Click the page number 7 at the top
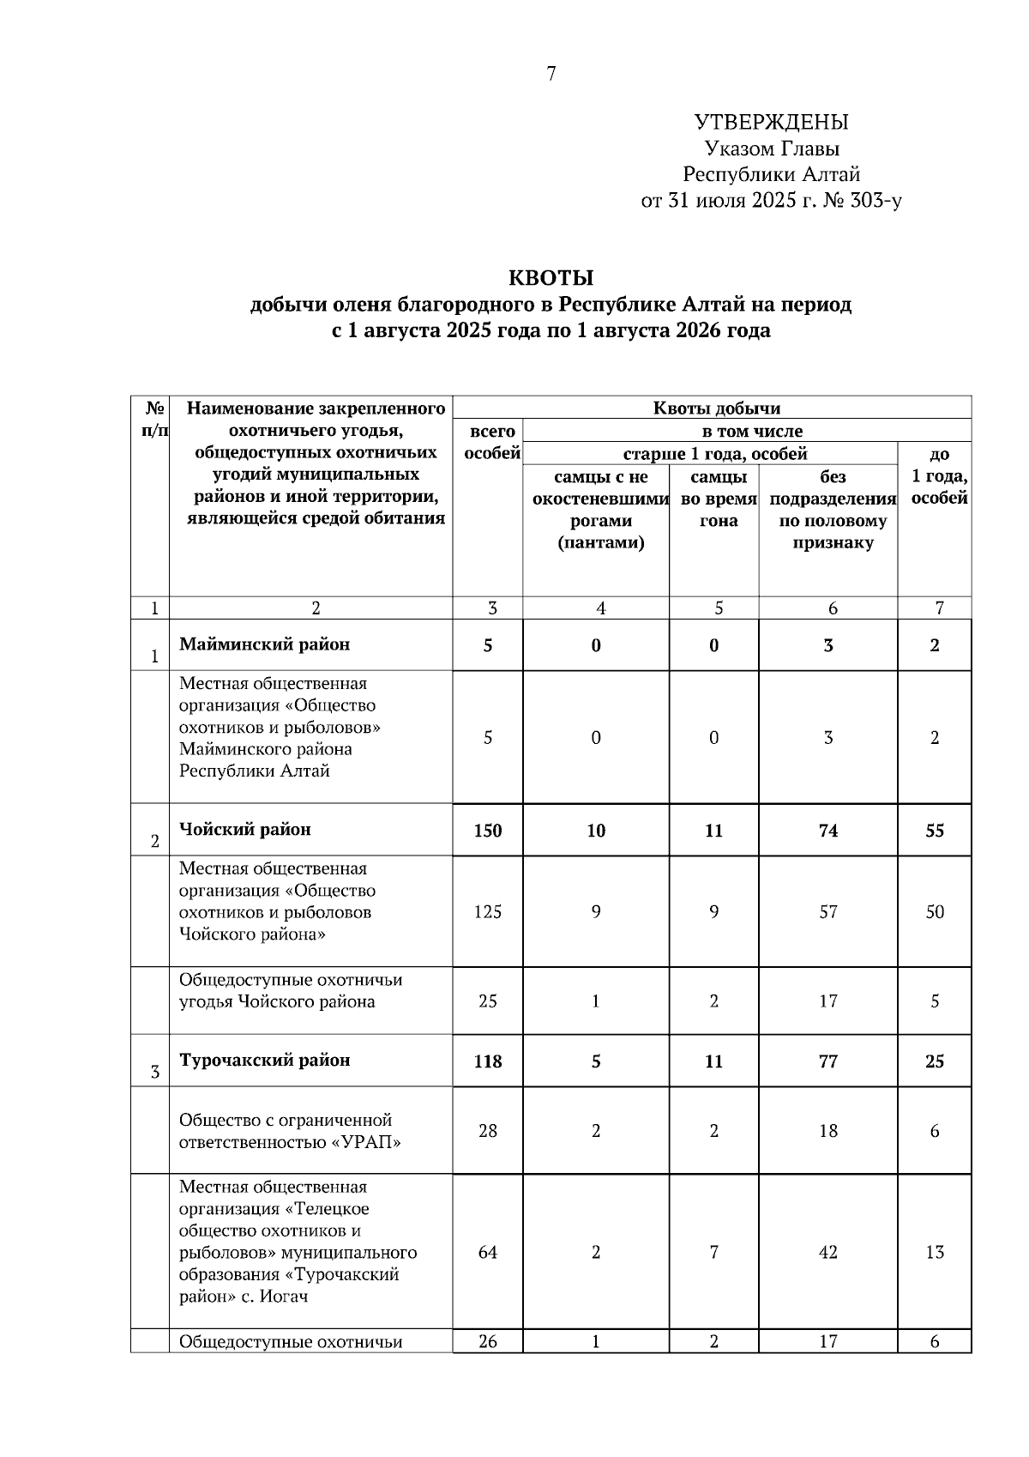coord(551,75)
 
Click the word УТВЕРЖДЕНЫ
coord(771,122)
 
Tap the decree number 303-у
coord(872,202)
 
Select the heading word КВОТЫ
coord(551,278)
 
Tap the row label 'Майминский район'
coord(264,644)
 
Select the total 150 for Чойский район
coord(488,831)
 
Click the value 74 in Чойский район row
coord(828,831)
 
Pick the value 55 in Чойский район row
coord(935,831)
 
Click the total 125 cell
coord(488,912)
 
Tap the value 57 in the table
coord(828,912)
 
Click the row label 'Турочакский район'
coord(264,1061)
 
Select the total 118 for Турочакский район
coord(488,1061)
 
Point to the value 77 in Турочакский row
coord(828,1061)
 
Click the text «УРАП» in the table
coord(366,1143)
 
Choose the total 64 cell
coord(488,1253)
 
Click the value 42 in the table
coord(828,1253)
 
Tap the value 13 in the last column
coord(935,1253)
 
